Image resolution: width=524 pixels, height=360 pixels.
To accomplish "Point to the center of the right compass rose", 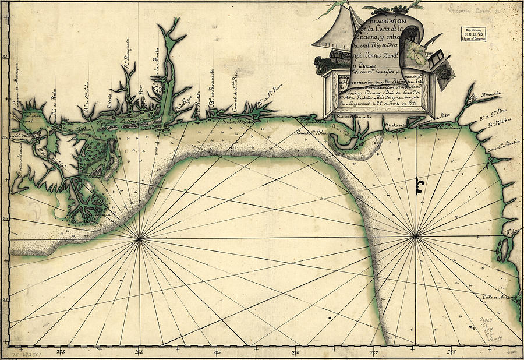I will pos(417,235).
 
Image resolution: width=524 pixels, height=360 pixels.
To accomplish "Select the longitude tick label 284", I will pos(139,352).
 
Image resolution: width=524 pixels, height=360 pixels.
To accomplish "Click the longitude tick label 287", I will pos(374,352).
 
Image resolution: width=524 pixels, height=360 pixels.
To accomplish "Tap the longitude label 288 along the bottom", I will pos(452,352).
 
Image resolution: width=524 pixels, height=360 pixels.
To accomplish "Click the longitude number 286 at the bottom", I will pos(295,352).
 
